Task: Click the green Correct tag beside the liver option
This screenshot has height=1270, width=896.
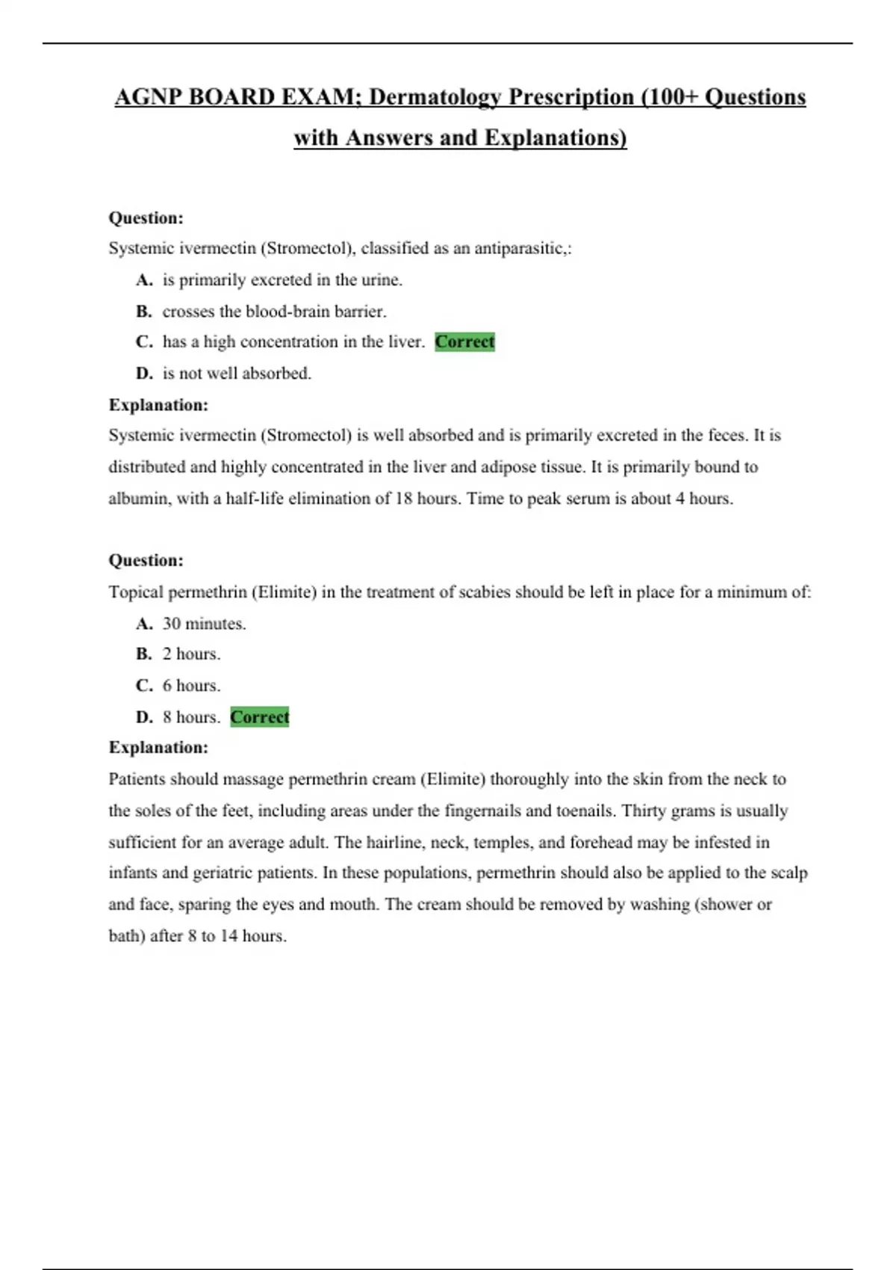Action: pos(464,342)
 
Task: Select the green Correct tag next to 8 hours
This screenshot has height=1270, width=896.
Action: pos(259,717)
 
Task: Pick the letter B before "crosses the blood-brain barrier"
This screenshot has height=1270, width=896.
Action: pos(144,312)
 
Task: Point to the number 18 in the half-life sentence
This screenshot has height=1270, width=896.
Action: pos(403,498)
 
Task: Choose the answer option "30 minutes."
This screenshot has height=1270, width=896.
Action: pos(204,624)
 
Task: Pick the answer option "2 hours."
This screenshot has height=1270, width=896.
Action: pos(191,654)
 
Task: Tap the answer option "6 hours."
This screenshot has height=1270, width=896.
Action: pos(191,686)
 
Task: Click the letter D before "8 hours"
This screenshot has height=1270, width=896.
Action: pos(144,717)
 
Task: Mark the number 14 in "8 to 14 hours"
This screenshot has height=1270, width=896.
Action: pos(228,936)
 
